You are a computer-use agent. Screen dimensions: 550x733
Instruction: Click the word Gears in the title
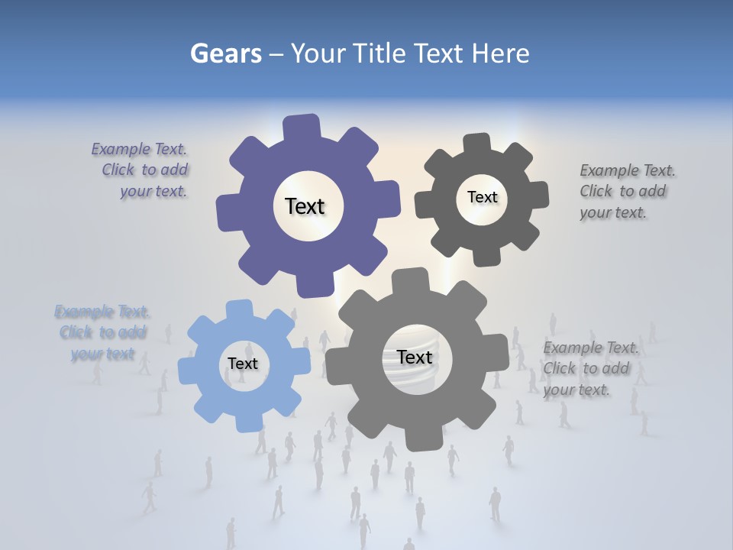coord(224,53)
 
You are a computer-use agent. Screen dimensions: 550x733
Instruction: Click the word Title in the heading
coord(382,53)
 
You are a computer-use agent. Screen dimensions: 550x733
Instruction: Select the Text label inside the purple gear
coord(305,206)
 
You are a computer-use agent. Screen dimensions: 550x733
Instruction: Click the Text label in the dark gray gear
coord(482,197)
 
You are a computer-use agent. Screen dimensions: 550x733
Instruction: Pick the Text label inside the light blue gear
coord(243,364)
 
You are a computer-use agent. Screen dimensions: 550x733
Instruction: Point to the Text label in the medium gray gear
coord(415,357)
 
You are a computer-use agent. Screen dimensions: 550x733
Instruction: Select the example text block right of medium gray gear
coord(589,369)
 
